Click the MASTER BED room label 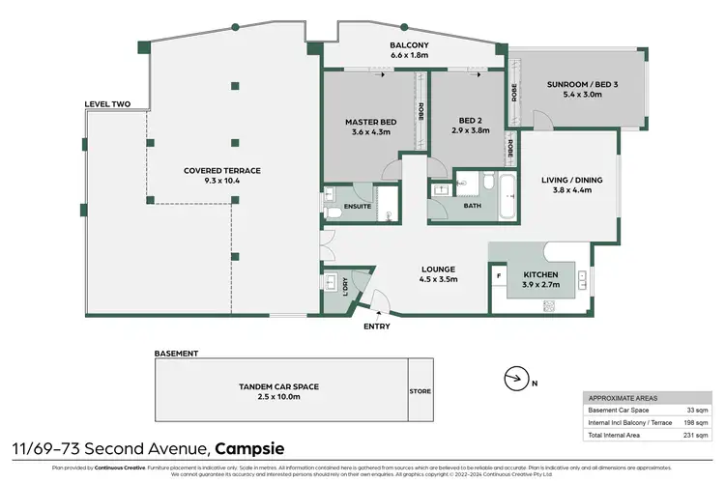(x=367, y=123)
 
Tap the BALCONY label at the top (x=409, y=45)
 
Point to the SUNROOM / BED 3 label (x=575, y=85)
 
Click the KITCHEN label (x=540, y=274)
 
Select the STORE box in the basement (x=420, y=391)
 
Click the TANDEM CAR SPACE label (x=278, y=386)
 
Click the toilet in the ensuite (x=331, y=212)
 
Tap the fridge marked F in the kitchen (x=499, y=274)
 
